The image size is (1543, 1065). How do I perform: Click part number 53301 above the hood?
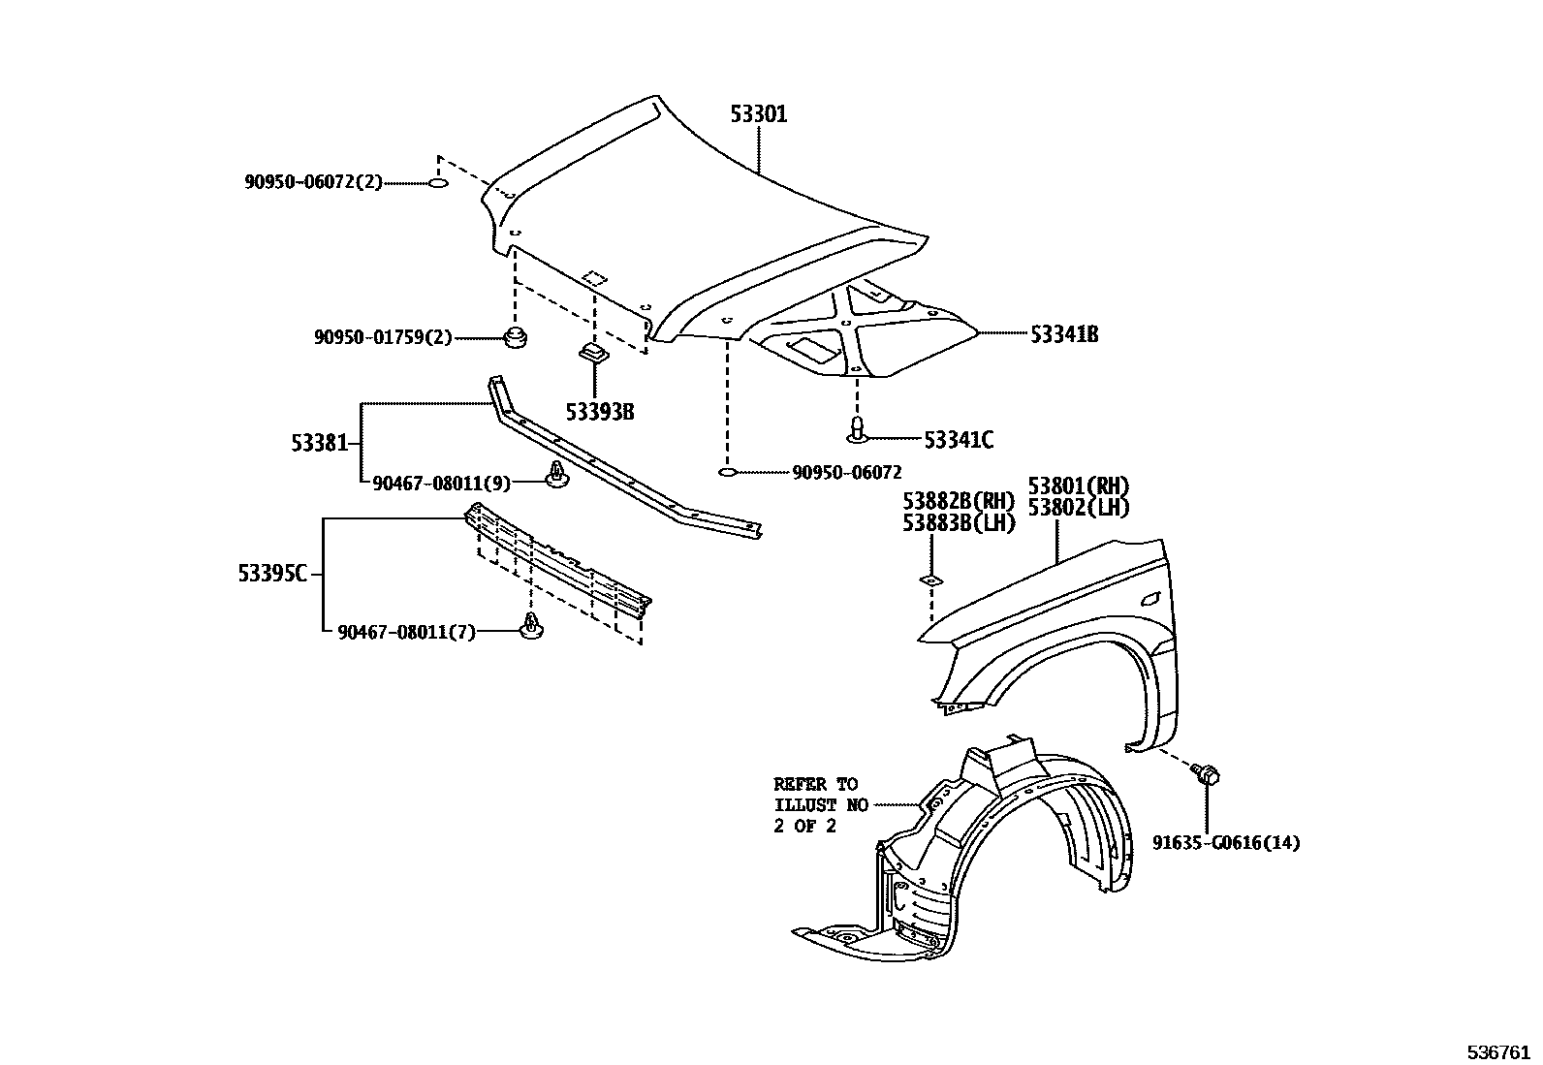[758, 114]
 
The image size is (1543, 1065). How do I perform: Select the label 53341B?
[1063, 334]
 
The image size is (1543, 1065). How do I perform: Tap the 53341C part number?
[958, 440]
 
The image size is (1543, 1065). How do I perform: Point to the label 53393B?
[600, 412]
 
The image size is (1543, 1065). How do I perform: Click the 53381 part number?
[319, 443]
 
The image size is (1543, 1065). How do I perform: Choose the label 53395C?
[272, 574]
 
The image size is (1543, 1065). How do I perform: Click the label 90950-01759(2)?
[383, 337]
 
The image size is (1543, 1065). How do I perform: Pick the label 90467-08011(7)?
[407, 633]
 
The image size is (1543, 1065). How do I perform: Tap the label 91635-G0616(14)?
[1226, 842]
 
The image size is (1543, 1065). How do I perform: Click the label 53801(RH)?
[1079, 486]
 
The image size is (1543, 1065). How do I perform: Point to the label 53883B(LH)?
[959, 522]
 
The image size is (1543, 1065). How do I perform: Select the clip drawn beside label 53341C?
[857, 431]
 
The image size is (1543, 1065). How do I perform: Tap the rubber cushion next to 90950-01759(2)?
[516, 339]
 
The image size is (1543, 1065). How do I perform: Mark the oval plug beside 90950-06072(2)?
[438, 182]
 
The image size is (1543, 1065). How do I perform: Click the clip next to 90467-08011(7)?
[530, 628]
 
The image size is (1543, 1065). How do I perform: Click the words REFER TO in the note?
[815, 784]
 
